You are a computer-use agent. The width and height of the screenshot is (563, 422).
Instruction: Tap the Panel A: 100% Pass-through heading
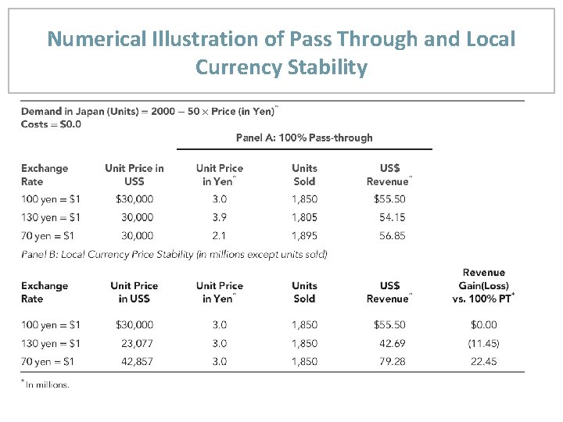(x=304, y=138)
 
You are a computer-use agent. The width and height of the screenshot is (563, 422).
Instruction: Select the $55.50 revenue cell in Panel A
(x=389, y=199)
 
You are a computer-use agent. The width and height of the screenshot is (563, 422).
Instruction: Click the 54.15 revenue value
(x=391, y=217)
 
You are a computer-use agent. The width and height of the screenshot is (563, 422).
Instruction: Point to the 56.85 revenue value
(x=391, y=235)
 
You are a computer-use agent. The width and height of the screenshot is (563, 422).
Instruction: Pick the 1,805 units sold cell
(x=304, y=217)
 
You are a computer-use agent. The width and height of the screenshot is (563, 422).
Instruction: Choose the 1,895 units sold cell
(x=304, y=235)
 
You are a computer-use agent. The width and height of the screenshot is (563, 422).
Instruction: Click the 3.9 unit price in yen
(x=220, y=217)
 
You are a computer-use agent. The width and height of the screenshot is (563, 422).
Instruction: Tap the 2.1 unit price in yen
(x=220, y=235)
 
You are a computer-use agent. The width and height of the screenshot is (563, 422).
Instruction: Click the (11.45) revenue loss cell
(x=483, y=343)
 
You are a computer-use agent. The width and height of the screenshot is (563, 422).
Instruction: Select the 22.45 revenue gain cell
(x=484, y=361)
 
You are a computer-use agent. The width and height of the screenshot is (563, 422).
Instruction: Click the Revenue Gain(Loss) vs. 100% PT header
(x=483, y=285)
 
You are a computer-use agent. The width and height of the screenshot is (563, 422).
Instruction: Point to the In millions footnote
(x=46, y=384)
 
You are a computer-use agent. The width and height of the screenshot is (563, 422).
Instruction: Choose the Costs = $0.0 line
(x=51, y=124)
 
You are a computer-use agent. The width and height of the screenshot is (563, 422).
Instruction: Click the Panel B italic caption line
(x=174, y=254)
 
